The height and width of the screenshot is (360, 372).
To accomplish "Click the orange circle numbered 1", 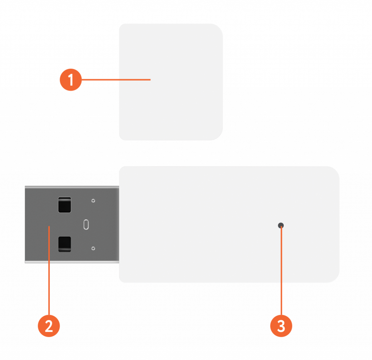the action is click(71, 80).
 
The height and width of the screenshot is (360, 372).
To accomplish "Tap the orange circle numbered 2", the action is click(49, 326).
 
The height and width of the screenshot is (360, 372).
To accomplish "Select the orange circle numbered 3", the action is click(281, 326).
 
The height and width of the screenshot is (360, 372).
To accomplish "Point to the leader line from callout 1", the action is click(116, 80).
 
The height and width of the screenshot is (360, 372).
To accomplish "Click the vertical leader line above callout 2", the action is click(49, 271).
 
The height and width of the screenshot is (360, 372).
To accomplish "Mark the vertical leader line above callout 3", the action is click(281, 271).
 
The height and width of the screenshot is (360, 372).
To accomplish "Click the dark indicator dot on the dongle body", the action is click(281, 225).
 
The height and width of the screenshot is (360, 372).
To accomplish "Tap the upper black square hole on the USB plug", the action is click(65, 205).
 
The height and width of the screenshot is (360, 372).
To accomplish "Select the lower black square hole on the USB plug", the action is click(65, 244).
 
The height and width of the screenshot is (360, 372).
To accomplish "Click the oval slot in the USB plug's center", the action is click(86, 224).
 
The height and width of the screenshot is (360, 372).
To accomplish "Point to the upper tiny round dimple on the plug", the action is click(93, 201).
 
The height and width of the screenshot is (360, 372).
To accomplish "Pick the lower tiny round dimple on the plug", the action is click(93, 248).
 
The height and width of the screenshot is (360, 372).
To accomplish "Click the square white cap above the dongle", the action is click(171, 82).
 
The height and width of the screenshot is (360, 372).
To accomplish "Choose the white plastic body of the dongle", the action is click(229, 224).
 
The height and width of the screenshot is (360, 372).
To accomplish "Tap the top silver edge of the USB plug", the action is click(72, 187).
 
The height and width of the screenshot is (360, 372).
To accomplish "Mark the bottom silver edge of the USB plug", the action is click(72, 262).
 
